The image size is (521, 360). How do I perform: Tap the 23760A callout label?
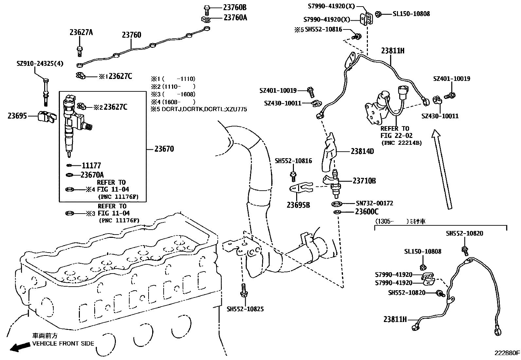(235, 17)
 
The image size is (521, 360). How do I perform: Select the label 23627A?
(81, 32)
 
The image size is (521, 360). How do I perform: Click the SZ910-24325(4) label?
(40, 63)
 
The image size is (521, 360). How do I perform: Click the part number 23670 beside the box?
(164, 149)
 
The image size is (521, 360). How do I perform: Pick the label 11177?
(91, 165)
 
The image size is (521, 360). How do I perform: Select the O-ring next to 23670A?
(69, 175)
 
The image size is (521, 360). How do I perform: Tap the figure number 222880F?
(507, 353)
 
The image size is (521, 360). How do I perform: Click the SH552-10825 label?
(245, 309)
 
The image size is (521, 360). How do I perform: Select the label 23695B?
(298, 205)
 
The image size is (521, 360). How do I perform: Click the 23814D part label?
(362, 151)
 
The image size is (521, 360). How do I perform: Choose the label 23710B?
(364, 181)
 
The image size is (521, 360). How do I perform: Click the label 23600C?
(367, 212)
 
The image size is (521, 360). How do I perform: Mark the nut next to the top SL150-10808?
(378, 14)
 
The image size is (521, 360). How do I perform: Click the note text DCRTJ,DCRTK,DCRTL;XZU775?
(204, 109)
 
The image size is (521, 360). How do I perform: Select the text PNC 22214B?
(402, 143)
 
